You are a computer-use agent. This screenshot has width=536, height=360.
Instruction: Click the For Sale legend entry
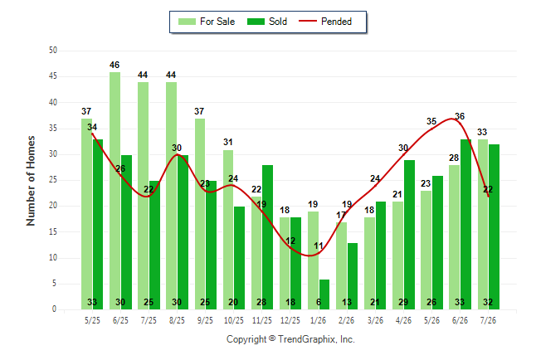click(x=207, y=22)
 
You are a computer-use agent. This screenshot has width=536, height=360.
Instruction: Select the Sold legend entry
click(x=267, y=22)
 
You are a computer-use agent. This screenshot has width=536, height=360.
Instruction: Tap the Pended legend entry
click(x=325, y=22)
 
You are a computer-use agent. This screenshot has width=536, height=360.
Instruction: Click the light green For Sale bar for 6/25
click(x=115, y=191)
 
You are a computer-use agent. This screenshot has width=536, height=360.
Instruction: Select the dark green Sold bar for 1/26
click(x=324, y=294)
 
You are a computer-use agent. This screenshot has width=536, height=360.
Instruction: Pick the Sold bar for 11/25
click(x=267, y=237)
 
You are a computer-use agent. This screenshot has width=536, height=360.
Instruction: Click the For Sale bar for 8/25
click(x=171, y=196)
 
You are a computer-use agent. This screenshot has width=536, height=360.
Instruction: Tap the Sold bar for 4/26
click(x=409, y=235)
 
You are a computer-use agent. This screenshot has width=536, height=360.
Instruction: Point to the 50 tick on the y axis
click(x=53, y=51)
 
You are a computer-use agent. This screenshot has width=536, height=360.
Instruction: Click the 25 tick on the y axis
click(x=53, y=180)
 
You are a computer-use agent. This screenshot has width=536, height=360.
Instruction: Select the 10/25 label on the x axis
click(x=234, y=320)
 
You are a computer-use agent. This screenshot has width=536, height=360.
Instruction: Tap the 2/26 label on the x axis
click(x=346, y=320)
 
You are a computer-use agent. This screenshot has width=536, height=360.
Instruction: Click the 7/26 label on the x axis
click(x=488, y=320)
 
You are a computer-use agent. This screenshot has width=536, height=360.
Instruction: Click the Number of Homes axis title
click(x=31, y=181)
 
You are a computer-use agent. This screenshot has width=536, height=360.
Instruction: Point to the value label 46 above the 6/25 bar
click(x=115, y=65)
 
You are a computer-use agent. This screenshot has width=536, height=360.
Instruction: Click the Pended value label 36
click(x=460, y=116)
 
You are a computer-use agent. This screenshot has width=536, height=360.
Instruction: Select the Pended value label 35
click(x=431, y=121)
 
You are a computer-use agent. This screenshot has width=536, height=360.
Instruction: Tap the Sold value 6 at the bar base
click(x=319, y=302)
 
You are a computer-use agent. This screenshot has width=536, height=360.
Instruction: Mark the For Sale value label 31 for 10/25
click(x=228, y=142)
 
